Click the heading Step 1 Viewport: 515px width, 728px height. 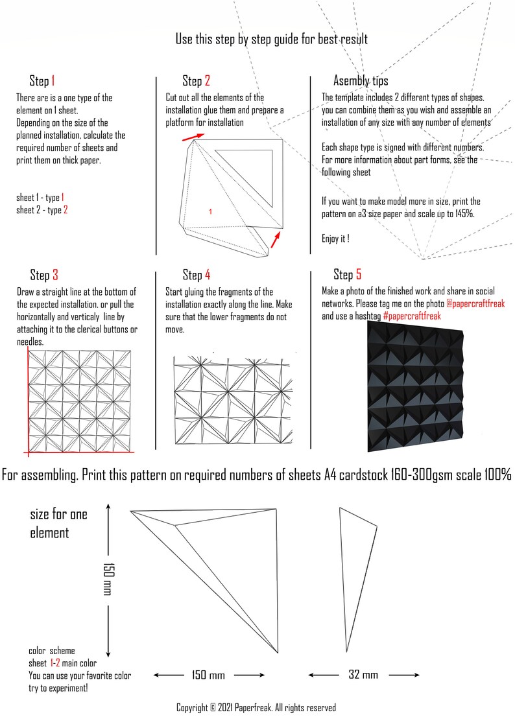[42, 81]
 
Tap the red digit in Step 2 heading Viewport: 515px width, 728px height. [207, 81]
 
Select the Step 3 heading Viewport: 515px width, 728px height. [44, 275]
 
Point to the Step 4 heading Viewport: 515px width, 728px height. [197, 275]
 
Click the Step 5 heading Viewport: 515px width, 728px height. [348, 274]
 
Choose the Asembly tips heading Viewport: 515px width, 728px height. [361, 81]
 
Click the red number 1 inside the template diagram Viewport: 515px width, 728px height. [210, 212]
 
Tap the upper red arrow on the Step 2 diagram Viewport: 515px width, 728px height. [193, 137]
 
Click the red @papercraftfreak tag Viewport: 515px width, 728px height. [475, 303]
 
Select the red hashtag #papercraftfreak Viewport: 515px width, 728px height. [412, 316]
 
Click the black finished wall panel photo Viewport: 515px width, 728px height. [416, 387]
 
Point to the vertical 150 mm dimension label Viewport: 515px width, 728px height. [108, 579]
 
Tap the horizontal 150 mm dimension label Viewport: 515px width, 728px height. [208, 675]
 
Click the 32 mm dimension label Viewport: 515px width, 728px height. [363, 674]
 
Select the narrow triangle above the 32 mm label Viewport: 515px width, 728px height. [358, 580]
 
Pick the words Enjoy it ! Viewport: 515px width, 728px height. [335, 239]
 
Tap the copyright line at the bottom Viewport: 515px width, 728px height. [256, 707]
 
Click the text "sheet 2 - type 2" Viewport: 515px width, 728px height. [42, 210]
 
